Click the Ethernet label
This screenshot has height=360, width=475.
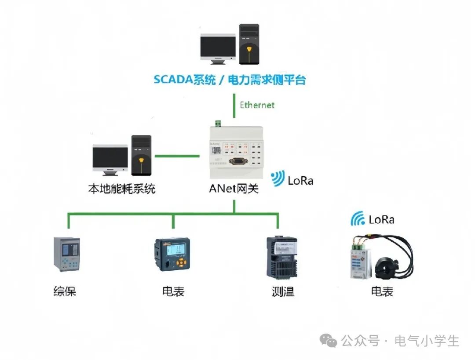[257, 105]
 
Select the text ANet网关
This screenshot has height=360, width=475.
[234, 190]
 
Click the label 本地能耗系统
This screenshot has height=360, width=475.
[122, 189]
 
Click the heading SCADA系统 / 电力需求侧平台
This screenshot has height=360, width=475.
[230, 80]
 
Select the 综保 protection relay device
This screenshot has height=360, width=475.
[66, 254]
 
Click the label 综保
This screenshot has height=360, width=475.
[65, 291]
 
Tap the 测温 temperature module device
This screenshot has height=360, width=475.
[282, 257]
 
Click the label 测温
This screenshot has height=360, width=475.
[283, 291]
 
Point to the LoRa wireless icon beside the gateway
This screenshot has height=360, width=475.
[278, 179]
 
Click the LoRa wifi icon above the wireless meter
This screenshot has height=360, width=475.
[358, 219]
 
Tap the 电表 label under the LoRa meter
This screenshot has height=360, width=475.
[382, 291]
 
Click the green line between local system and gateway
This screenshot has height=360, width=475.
[177, 155]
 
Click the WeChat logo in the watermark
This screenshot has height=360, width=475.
[329, 340]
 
